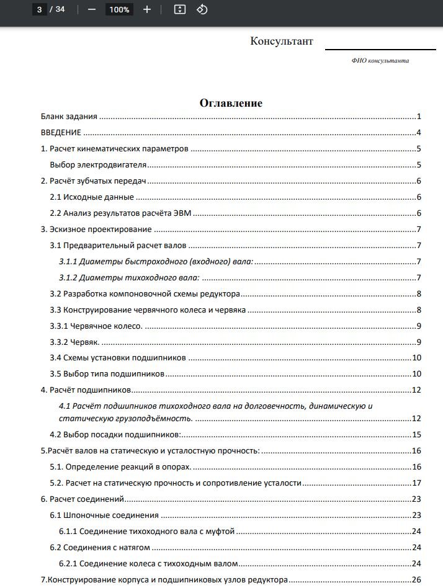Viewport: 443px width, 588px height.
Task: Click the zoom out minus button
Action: (x=92, y=9)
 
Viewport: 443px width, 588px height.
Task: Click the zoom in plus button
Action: (x=147, y=9)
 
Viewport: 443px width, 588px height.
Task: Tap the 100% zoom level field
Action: (x=119, y=9)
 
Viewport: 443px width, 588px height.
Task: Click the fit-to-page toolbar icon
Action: (x=180, y=9)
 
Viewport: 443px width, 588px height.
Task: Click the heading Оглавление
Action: (x=231, y=103)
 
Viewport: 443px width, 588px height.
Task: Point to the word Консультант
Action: (x=282, y=42)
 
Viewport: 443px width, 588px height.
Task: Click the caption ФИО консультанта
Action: (x=380, y=60)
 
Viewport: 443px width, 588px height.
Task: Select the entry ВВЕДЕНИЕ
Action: (x=61, y=133)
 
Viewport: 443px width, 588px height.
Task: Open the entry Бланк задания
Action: (x=69, y=117)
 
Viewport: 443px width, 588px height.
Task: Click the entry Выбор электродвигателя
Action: (x=98, y=165)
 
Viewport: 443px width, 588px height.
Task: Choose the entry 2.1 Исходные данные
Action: (x=92, y=197)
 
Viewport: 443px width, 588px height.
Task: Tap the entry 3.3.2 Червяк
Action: (x=74, y=342)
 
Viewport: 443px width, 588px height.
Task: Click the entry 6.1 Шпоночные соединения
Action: (x=104, y=515)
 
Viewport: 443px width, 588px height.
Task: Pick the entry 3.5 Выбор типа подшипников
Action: (x=107, y=374)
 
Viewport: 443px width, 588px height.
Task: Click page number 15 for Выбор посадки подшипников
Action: (x=416, y=435)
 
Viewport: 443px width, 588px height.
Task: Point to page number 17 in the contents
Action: (x=416, y=483)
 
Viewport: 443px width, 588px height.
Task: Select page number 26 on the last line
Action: (x=416, y=580)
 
